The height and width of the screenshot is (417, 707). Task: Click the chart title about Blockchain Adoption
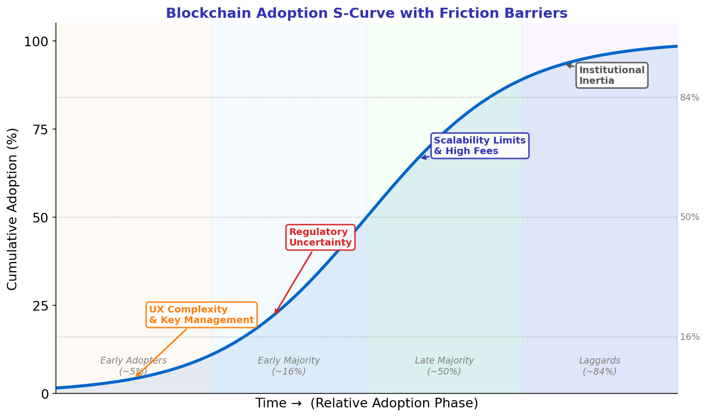(366, 13)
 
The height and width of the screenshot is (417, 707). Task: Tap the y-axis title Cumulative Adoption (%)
(13, 208)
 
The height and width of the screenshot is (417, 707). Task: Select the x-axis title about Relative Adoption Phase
(366, 404)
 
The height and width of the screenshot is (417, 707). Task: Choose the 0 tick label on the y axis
(45, 394)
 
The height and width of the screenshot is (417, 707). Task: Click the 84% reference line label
(690, 98)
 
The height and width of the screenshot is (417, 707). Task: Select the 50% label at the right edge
(690, 217)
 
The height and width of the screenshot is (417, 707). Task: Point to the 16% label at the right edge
(690, 337)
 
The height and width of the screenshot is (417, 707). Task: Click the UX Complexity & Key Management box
(201, 315)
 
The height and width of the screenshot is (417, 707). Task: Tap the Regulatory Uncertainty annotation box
(320, 237)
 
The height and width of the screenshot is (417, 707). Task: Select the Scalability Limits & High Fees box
(480, 146)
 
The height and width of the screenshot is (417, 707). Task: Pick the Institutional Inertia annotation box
(612, 76)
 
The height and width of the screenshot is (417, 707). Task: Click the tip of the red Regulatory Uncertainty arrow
(275, 314)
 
